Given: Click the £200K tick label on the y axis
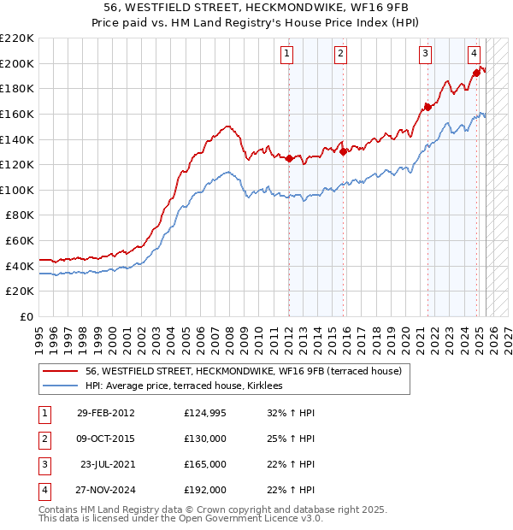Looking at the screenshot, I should click(x=17, y=63).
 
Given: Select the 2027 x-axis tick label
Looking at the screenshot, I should click(x=507, y=333).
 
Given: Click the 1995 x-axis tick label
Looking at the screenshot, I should click(x=39, y=333).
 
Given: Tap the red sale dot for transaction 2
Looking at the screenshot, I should click(x=343, y=152).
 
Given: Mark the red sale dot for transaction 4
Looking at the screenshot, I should click(x=475, y=74).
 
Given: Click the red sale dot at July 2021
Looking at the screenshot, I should click(x=426, y=108).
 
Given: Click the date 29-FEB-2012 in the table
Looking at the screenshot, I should click(x=105, y=413).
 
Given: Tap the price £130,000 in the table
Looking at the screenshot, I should click(x=205, y=439).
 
